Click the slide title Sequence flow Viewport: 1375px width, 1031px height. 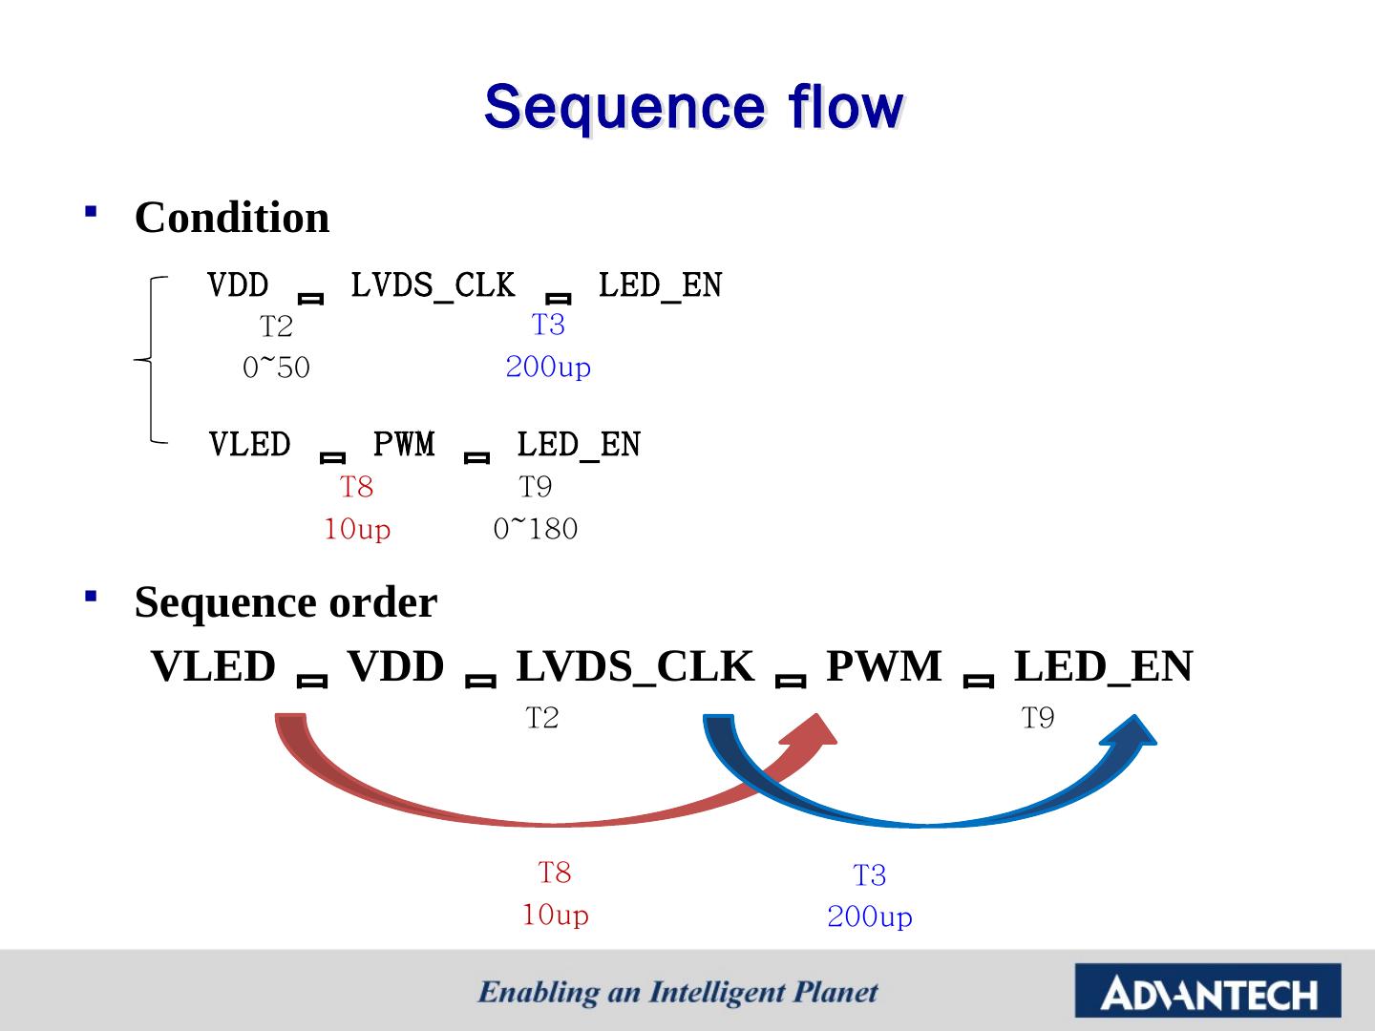coord(693,107)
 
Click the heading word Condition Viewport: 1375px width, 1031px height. coord(232,218)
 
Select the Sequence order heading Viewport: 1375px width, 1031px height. coord(286,602)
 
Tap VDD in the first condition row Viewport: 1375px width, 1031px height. coord(238,284)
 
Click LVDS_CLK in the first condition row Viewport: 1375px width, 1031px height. coord(433,284)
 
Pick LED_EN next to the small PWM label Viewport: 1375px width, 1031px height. coord(579,444)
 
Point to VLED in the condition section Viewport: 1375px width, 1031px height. coord(249,444)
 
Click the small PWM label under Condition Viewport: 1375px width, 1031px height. coord(403,444)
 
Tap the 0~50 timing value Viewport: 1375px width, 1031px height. coord(276,368)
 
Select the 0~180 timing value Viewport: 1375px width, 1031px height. coord(536,529)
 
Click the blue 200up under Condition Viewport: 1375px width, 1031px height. coord(548,367)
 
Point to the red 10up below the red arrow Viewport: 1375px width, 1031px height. coord(555,915)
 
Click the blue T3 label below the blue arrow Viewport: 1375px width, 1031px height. coord(869,874)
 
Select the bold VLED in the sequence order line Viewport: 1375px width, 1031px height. coord(213,666)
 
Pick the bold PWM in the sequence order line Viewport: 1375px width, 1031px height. coord(883,666)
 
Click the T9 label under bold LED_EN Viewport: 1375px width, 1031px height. coord(1038,718)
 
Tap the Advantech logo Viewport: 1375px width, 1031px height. coord(1208,991)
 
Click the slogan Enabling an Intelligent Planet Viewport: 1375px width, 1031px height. coord(678,992)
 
